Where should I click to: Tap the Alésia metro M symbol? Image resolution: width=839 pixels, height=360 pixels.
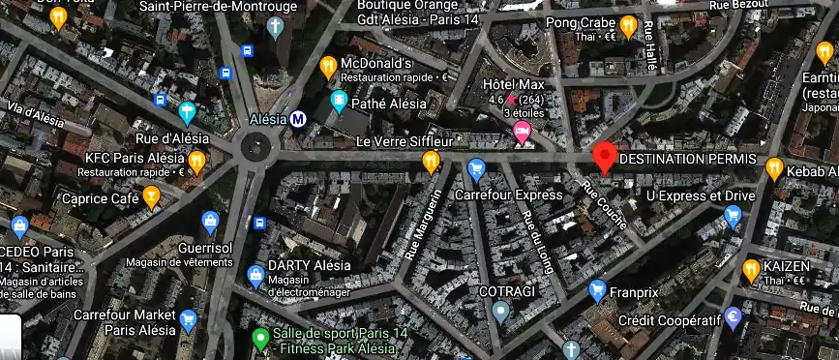[x=299, y=119]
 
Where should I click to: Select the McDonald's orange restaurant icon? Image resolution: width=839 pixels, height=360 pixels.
[x=328, y=67]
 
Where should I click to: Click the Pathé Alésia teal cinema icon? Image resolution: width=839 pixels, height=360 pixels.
[x=339, y=100]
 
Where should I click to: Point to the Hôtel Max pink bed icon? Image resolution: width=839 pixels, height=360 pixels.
[x=523, y=132]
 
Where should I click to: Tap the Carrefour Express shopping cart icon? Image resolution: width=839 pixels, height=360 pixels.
[x=475, y=170]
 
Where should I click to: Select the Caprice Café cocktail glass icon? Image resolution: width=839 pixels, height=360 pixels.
[x=151, y=197]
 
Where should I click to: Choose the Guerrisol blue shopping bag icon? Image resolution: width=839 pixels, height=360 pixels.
[x=211, y=221]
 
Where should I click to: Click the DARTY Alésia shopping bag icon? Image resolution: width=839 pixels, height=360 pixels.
[x=255, y=275]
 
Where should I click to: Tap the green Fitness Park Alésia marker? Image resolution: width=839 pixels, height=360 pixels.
[x=259, y=339]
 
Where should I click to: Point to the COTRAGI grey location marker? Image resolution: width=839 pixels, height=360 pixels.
[x=499, y=311]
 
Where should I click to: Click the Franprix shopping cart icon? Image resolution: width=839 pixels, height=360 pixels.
[x=597, y=288]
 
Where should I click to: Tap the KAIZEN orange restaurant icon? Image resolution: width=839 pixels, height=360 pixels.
[x=750, y=267]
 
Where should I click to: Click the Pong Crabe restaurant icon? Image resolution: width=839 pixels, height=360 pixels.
[x=627, y=25]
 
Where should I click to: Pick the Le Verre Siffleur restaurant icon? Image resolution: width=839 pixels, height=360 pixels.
[x=431, y=161]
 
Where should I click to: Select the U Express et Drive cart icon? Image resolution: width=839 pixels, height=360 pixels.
[x=733, y=217]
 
